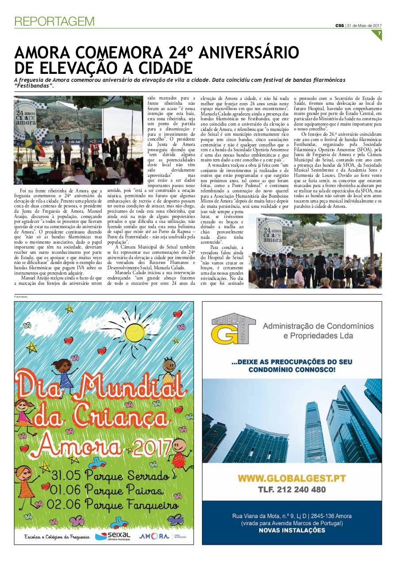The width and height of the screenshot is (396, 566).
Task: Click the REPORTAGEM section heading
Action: click(x=54, y=21)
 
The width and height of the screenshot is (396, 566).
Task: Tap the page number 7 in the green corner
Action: click(x=379, y=34)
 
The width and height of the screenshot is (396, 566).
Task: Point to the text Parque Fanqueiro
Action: click(x=132, y=505)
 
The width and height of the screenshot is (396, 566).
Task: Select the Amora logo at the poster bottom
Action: click(x=154, y=536)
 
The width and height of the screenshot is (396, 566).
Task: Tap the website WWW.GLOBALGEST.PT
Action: click(x=291, y=478)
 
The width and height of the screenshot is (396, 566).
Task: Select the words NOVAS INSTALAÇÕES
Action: click(x=292, y=530)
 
